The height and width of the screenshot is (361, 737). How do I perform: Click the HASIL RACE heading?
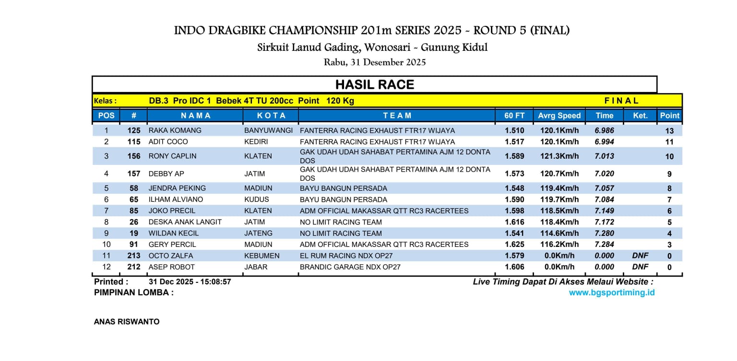tap(374, 85)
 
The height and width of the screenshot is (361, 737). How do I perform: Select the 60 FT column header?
tap(514, 116)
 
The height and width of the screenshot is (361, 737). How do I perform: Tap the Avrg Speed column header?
tap(559, 116)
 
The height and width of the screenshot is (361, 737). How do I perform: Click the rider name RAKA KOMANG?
tap(175, 130)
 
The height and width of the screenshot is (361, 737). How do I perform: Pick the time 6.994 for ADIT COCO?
tap(604, 142)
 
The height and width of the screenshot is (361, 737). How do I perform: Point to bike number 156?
tap(134, 156)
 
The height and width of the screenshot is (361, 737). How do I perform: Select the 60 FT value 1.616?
tap(514, 222)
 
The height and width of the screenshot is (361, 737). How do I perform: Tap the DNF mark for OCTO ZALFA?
tap(640, 256)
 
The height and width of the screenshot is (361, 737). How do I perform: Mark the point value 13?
tap(669, 131)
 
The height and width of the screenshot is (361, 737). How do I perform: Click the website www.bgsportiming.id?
tap(612, 292)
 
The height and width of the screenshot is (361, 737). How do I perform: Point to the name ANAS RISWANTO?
tap(127, 322)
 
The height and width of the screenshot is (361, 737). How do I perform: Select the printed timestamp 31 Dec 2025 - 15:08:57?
tap(190, 282)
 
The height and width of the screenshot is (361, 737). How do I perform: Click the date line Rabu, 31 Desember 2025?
tap(375, 62)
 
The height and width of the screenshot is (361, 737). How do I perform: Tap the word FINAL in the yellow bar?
tap(621, 101)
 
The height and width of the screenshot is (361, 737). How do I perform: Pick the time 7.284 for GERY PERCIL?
tap(604, 245)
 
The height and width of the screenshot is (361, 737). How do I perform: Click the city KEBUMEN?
tap(262, 256)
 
